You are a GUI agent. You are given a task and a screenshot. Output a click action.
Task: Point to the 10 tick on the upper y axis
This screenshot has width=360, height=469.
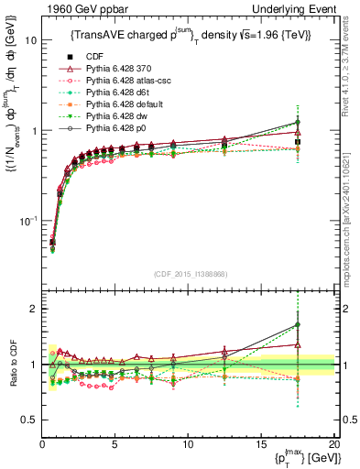click(30, 41)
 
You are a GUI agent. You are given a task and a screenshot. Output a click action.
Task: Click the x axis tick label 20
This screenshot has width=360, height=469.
click(333, 444)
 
